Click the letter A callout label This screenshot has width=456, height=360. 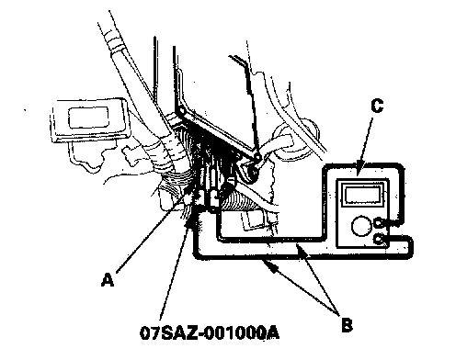[x=108, y=279]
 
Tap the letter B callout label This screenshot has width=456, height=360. [x=347, y=324]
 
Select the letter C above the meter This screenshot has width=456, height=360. [x=377, y=106]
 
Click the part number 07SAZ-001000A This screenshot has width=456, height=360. [x=210, y=332]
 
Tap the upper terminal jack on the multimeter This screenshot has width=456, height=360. [x=379, y=222]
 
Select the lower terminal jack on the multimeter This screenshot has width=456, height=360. [x=380, y=239]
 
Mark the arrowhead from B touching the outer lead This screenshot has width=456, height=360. [x=269, y=264]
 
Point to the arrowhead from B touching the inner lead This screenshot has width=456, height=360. [x=301, y=251]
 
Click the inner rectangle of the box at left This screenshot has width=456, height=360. [x=88, y=118]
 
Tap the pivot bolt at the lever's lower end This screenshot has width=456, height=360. [x=254, y=172]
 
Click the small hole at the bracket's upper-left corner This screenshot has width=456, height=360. [x=181, y=109]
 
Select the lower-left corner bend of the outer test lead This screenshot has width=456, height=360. [x=195, y=255]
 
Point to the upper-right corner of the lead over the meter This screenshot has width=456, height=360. [x=401, y=168]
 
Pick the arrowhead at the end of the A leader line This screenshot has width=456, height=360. [x=188, y=194]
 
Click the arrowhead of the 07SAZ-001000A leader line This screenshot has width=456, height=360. [x=190, y=221]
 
